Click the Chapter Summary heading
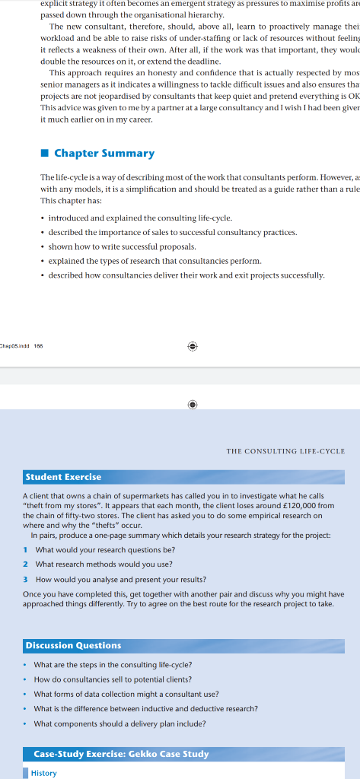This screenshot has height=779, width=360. tap(104, 153)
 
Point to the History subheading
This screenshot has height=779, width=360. tap(43, 773)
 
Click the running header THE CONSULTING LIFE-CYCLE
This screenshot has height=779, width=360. tap(285, 451)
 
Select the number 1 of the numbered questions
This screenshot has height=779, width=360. tap(26, 549)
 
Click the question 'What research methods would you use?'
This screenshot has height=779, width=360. tap(104, 564)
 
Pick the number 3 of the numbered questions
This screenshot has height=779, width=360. tap(26, 579)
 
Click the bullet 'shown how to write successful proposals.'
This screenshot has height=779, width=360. tap(122, 246)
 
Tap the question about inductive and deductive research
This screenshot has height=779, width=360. tap(145, 708)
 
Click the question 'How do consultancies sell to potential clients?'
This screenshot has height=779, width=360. tap(113, 679)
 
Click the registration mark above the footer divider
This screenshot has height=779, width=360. tap(193, 345)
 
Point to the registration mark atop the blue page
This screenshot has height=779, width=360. tap(193, 405)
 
